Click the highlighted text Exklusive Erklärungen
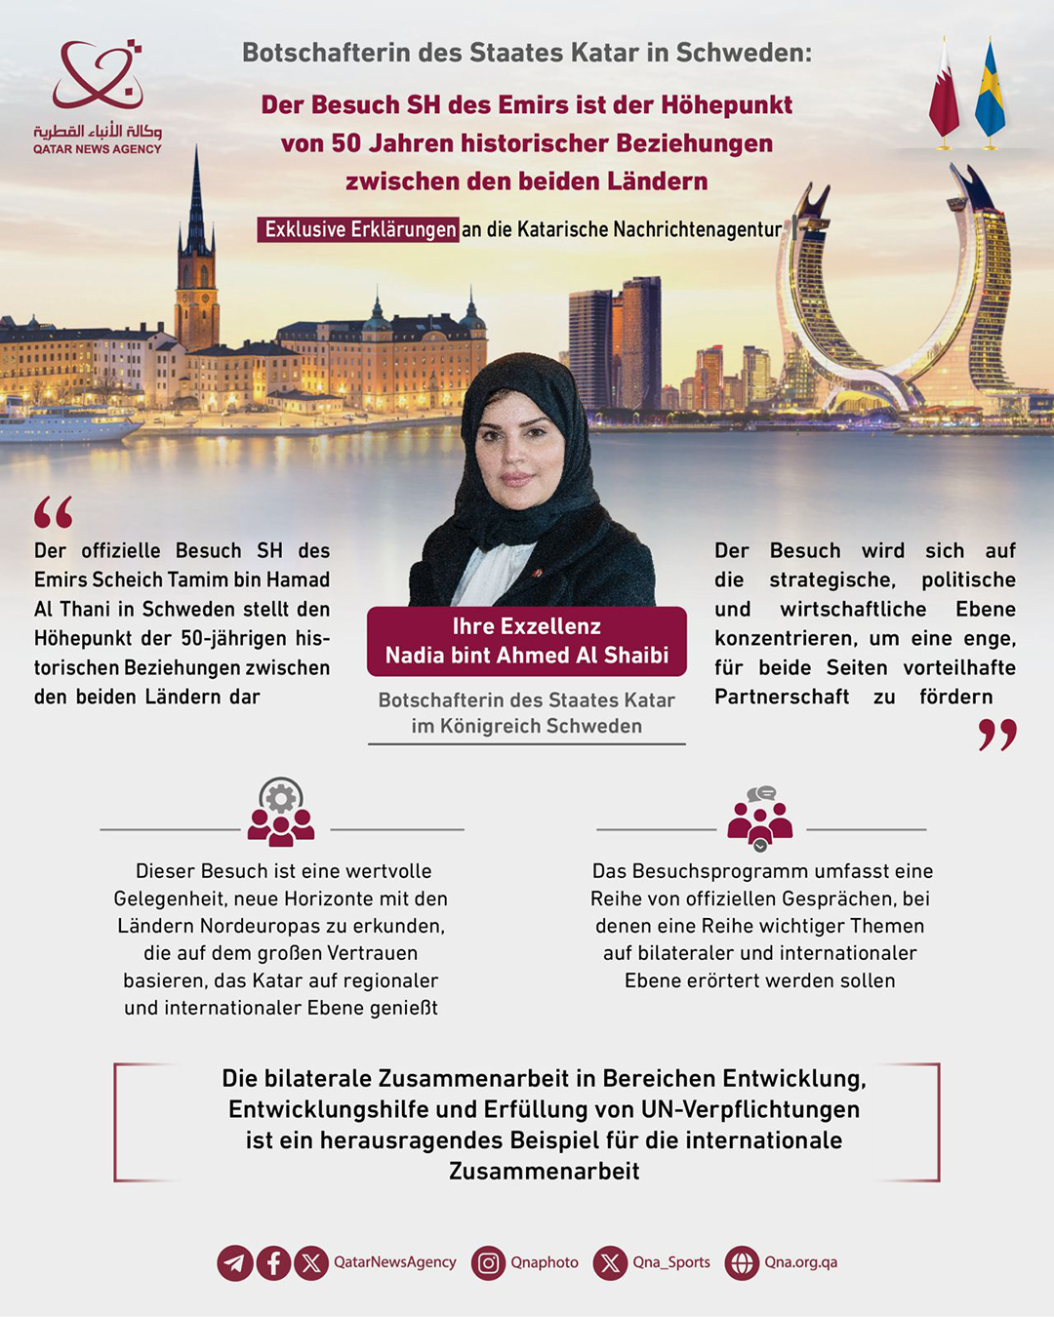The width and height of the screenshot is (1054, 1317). point(359,229)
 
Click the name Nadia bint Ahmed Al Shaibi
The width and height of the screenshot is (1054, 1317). point(527,656)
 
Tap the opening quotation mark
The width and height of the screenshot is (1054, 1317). point(53,512)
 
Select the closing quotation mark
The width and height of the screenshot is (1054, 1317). point(997,735)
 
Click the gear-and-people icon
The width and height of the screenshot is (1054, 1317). point(281,812)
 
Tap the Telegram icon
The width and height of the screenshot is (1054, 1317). point(235,1263)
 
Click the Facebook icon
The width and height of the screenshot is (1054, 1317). point(273,1263)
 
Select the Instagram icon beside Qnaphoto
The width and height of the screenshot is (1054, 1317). point(488,1263)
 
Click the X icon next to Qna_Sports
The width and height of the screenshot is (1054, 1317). point(610,1263)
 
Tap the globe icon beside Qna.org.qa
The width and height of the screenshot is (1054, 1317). point(742,1263)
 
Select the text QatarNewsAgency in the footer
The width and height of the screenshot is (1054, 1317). point(395,1262)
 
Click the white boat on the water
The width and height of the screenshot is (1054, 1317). point(68,421)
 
